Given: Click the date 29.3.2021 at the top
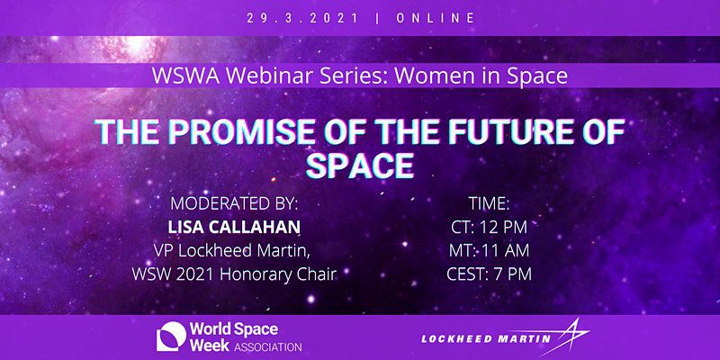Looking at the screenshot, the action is click(302, 18).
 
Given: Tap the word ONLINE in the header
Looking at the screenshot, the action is click(435, 18).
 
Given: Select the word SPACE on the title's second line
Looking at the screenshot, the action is click(360, 166).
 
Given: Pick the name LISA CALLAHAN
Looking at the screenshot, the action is click(234, 227).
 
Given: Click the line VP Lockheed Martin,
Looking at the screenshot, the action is click(234, 251).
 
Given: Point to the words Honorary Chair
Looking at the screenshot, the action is click(279, 274).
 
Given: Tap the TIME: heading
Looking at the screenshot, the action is click(489, 203).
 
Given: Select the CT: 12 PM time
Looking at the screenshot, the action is click(489, 227).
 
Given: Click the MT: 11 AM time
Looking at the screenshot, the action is click(489, 251).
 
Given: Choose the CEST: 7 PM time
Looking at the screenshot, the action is click(489, 274).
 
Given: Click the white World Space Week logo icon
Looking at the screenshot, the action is click(171, 337).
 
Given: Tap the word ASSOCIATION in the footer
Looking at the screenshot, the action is click(267, 346).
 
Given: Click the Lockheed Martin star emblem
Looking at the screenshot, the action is click(571, 338).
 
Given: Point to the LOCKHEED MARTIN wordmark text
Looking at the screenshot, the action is click(485, 339).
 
